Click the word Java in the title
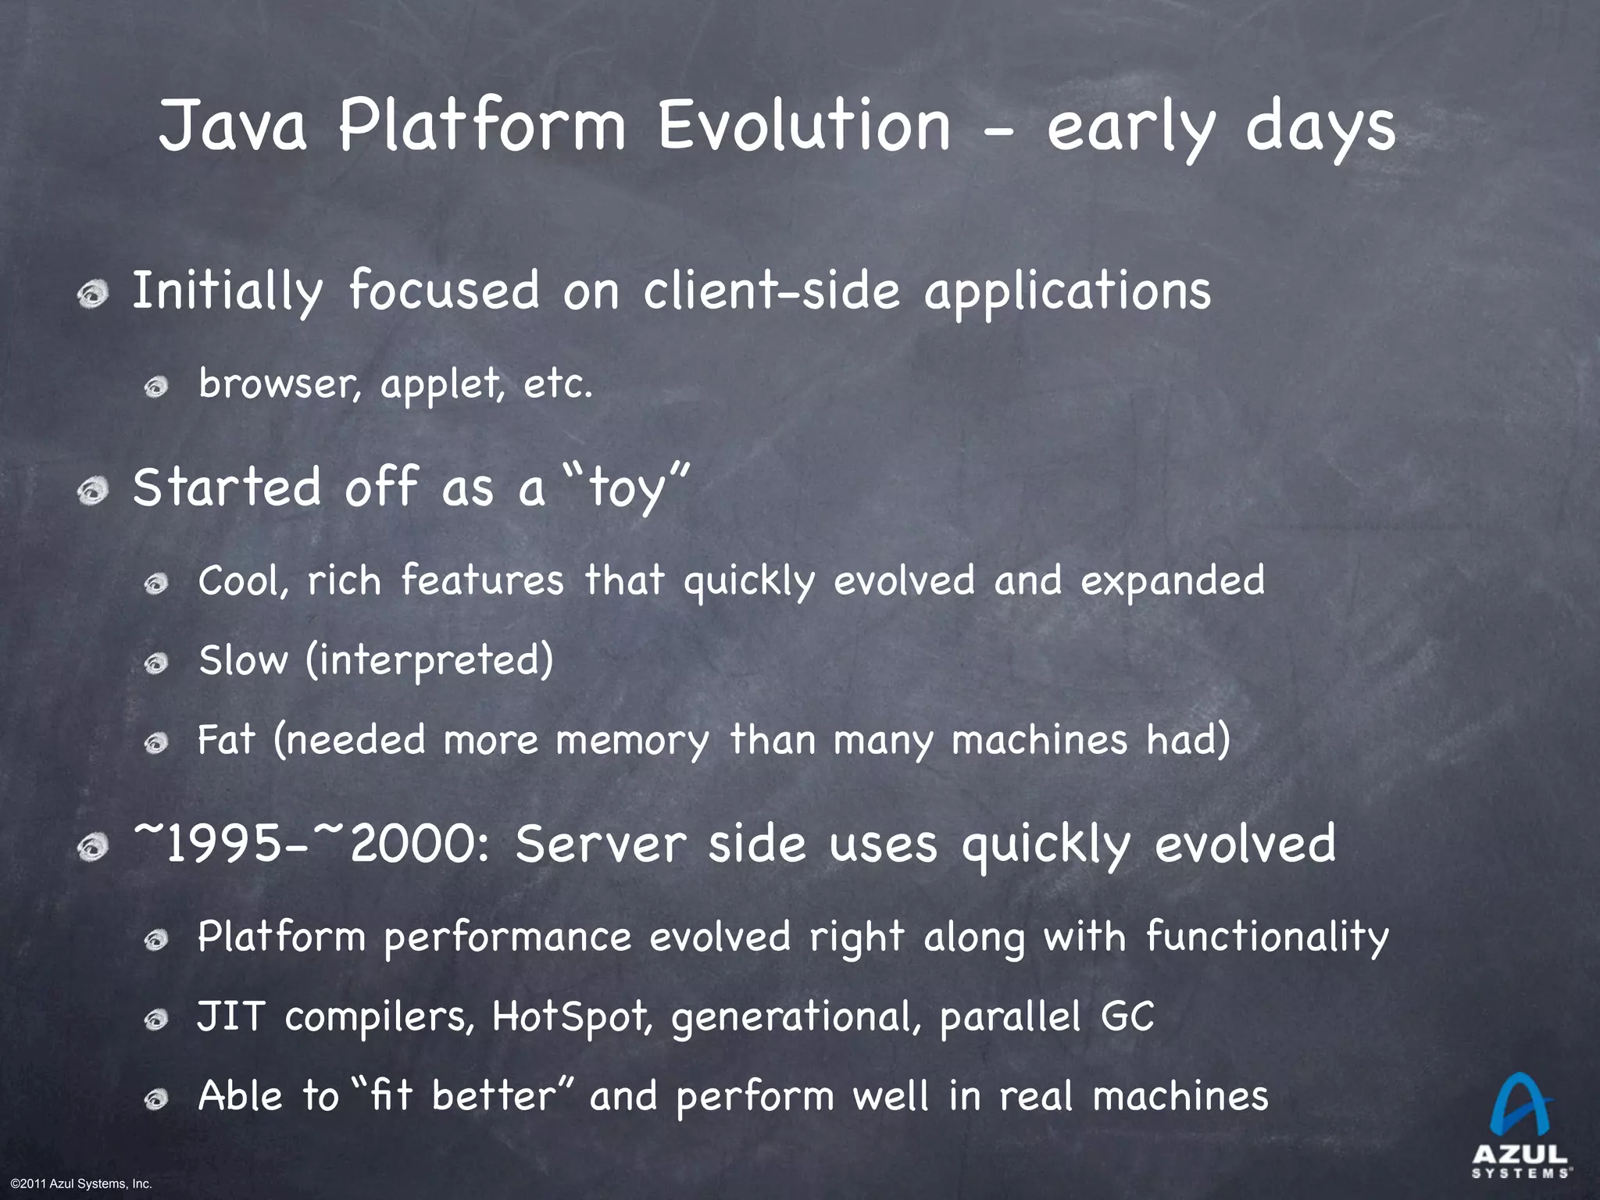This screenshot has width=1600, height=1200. [233, 127]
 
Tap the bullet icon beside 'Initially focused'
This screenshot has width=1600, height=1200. [94, 295]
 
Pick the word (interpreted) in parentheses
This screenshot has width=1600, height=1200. [430, 660]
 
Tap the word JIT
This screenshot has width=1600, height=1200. [230, 1016]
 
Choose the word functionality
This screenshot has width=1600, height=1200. [1267, 937]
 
